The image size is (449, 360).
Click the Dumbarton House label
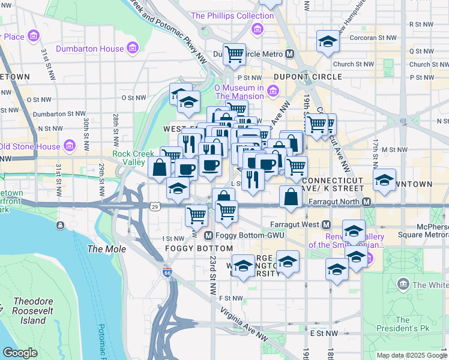[89, 49]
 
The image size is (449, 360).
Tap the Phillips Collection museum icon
[258, 29]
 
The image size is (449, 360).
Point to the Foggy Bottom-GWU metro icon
[209, 235]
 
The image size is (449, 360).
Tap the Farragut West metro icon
[326, 224]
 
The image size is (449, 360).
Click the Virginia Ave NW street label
[245, 318]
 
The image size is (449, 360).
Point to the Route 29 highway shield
[155, 206]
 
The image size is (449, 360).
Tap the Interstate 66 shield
[167, 272]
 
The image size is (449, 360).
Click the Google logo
[20, 353]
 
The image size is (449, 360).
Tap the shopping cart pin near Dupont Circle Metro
[234, 54]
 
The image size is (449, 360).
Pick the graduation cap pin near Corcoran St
[328, 42]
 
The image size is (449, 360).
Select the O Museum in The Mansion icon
[274, 91]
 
